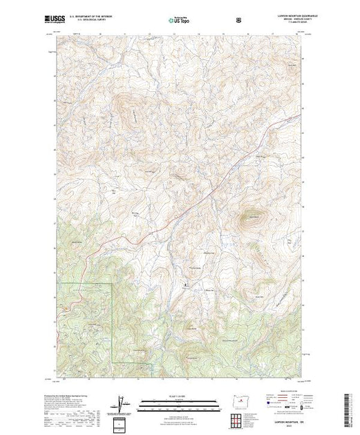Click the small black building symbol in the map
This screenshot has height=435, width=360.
[184, 284]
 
